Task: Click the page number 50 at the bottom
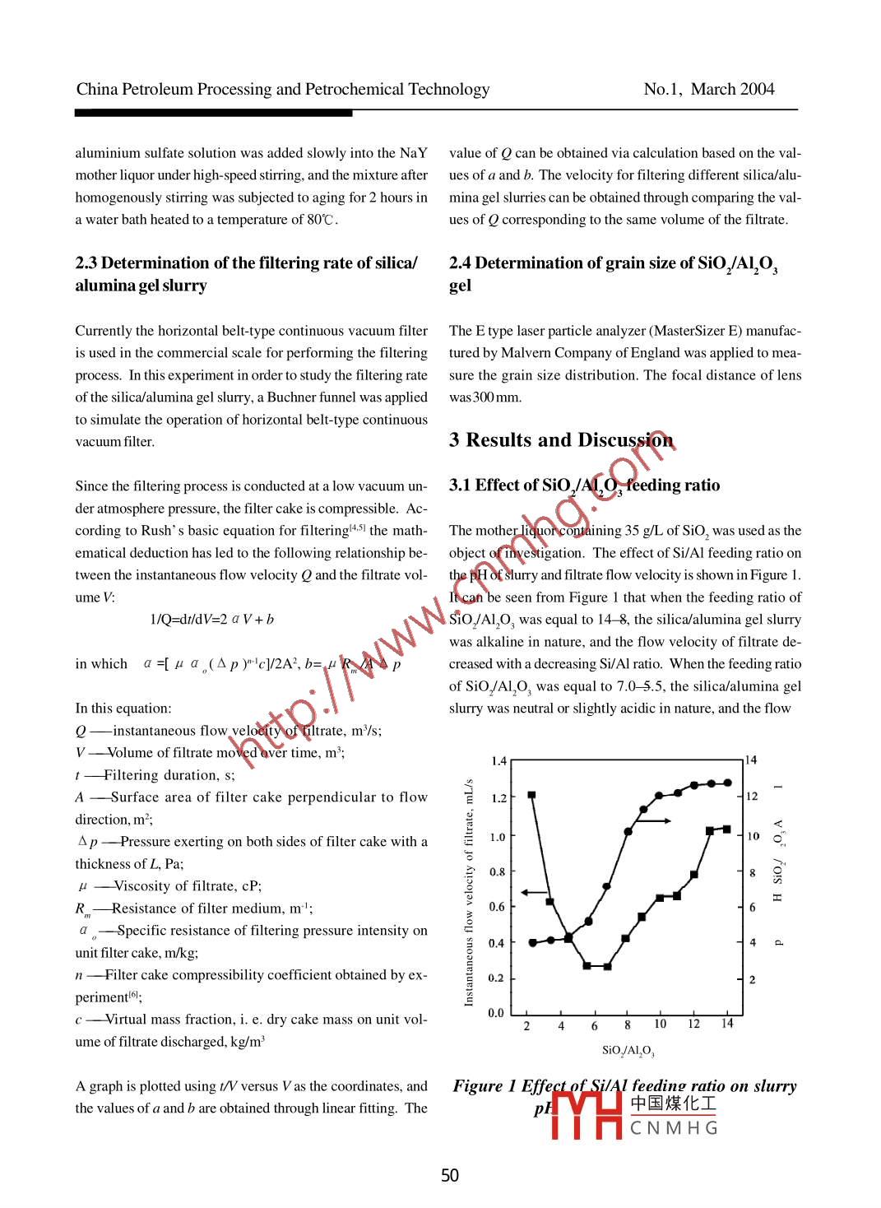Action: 450,1175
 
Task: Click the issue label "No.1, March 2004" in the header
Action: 708,89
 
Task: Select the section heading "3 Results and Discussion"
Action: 561,440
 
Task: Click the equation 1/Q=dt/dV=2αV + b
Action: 211,620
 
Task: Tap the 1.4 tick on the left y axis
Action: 498,761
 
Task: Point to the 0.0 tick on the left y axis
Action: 496,1013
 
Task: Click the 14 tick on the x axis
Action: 727,1024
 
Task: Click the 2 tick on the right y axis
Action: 752,979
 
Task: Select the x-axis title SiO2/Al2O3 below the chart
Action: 628,1051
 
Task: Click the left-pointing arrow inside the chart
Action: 535,891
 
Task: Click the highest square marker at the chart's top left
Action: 531,795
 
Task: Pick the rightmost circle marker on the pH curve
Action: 728,783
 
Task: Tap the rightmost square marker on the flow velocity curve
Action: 727,829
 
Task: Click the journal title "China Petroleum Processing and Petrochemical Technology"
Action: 283,89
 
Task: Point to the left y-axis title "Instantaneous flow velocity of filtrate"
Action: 469,892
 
